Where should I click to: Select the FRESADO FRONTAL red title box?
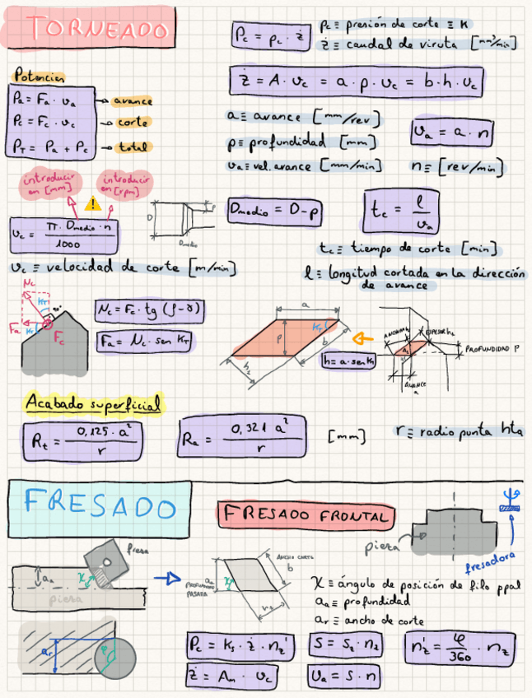point(304,516)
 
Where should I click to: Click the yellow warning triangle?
point(92,202)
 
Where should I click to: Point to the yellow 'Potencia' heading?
point(40,76)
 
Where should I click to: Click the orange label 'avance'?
point(132,100)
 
